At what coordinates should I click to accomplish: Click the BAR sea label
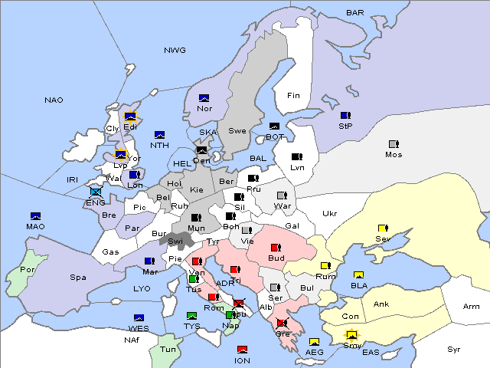pyautogui.click(x=355, y=13)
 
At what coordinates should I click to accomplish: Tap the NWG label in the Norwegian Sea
pyautogui.click(x=175, y=51)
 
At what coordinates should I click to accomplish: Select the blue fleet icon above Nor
pyautogui.click(x=204, y=98)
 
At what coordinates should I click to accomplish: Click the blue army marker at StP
pyautogui.click(x=345, y=115)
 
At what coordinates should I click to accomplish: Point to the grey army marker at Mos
pyautogui.click(x=394, y=143)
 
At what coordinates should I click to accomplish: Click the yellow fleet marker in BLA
pyautogui.click(x=358, y=275)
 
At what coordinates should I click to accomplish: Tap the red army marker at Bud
pyautogui.click(x=276, y=247)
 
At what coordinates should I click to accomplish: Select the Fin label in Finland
pyautogui.click(x=293, y=96)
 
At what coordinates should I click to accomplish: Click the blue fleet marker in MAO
pyautogui.click(x=35, y=216)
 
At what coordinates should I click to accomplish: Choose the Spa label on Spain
pyautogui.click(x=78, y=278)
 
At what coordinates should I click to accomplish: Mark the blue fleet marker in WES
pyautogui.click(x=139, y=317)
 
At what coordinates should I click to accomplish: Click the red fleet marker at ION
pyautogui.click(x=243, y=350)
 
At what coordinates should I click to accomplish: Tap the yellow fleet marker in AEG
pyautogui.click(x=314, y=342)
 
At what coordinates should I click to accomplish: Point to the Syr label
pyautogui.click(x=454, y=350)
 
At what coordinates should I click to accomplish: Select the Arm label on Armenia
pyautogui.click(x=472, y=307)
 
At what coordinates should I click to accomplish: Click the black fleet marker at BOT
pyautogui.click(x=274, y=127)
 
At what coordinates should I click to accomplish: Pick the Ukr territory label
pyautogui.click(x=330, y=214)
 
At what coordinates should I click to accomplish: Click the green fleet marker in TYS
pyautogui.click(x=192, y=316)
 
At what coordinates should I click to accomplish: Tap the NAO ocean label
pyautogui.click(x=54, y=100)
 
